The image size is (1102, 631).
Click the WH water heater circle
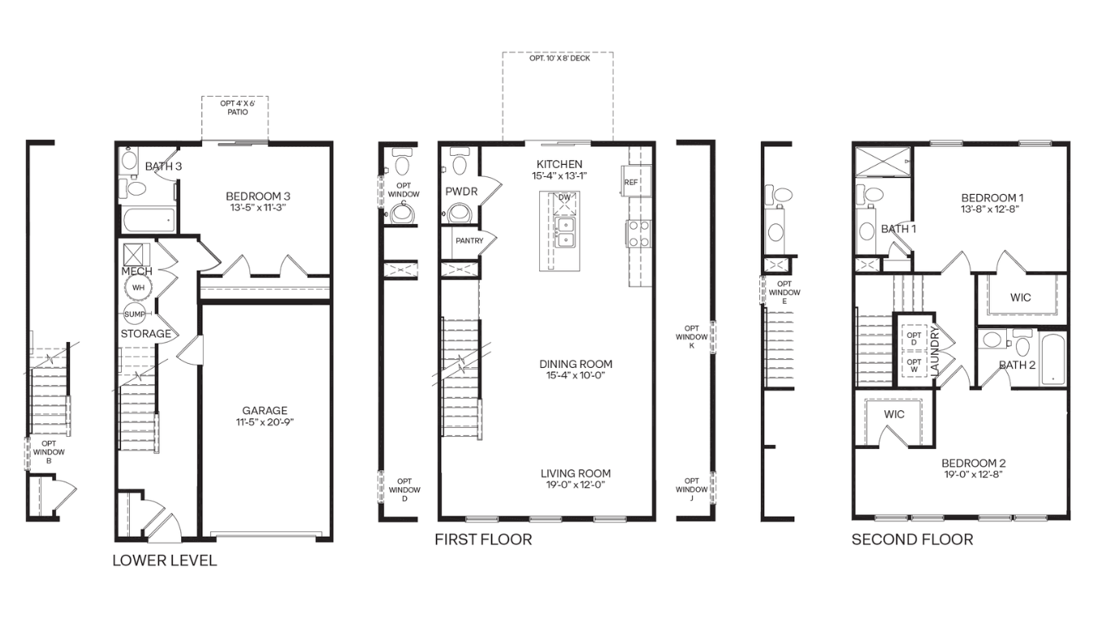[x=138, y=287]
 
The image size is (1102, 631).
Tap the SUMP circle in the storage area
[x=134, y=314]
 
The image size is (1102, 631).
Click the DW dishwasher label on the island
[x=564, y=197]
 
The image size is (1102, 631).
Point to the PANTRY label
[x=469, y=241]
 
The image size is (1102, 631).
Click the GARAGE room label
[x=265, y=411]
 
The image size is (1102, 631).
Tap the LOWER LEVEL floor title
[x=164, y=560]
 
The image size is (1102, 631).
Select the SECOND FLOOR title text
[x=912, y=539]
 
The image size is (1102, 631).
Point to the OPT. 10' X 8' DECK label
[x=560, y=58]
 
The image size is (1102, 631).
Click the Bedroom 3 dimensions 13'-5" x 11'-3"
[x=257, y=208]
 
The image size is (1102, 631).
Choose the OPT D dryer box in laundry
[x=914, y=339]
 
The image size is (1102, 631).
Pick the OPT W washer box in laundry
[x=914, y=365]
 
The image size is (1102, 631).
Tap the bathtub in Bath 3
[x=148, y=220]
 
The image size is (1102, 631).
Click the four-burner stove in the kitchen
[x=638, y=234]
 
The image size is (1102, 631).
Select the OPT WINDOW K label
[x=691, y=337]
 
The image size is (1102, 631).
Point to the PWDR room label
[x=461, y=192]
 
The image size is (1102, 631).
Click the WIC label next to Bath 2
[x=1020, y=297]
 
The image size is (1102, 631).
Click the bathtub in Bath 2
[x=1052, y=360]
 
